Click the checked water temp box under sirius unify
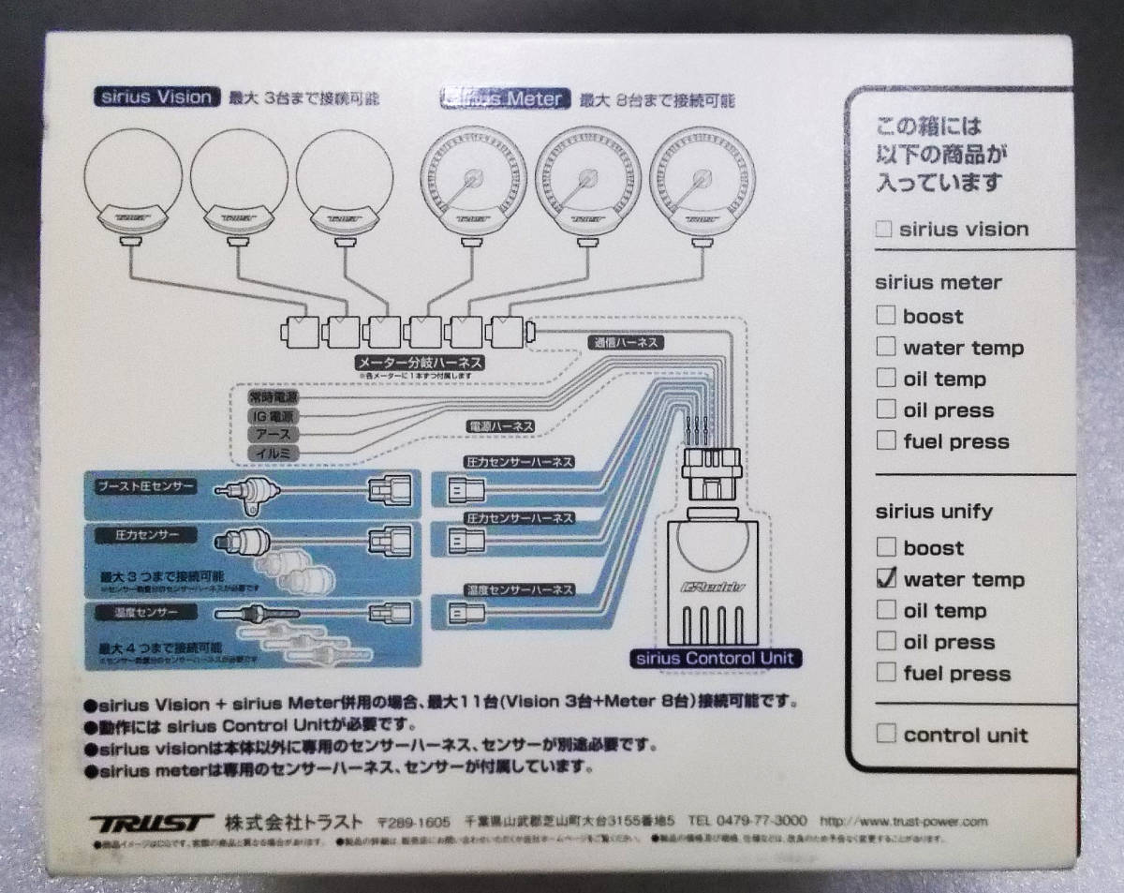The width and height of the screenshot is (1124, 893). click(x=886, y=578)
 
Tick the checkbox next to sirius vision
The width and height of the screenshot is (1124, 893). click(x=882, y=229)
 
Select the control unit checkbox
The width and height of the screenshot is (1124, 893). click(x=886, y=734)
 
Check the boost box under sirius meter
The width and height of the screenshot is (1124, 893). click(x=886, y=316)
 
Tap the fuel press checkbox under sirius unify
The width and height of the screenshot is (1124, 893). click(x=886, y=672)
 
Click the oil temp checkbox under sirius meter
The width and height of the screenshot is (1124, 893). click(x=886, y=378)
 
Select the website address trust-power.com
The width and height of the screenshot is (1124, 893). click(x=904, y=822)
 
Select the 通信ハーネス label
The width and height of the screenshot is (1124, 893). click(x=626, y=343)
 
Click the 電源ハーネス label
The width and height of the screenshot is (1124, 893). click(x=501, y=426)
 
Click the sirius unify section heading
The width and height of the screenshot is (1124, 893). click(x=934, y=512)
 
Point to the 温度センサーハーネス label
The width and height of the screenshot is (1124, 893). click(x=519, y=590)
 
